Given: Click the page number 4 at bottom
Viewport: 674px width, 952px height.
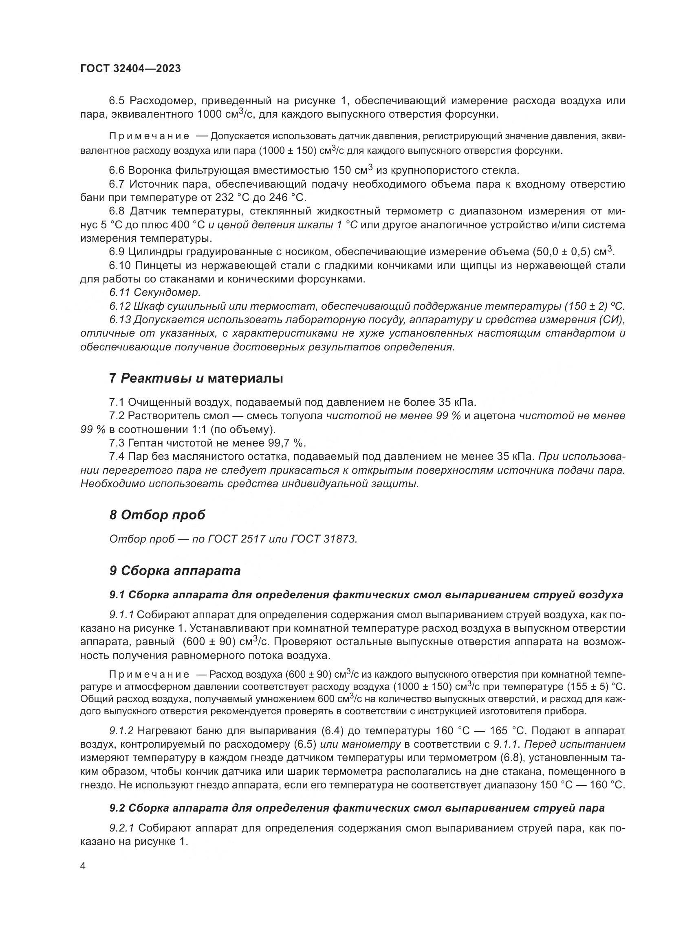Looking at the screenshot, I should coord(83,867).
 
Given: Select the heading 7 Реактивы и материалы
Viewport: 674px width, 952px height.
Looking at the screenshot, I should coord(196,378).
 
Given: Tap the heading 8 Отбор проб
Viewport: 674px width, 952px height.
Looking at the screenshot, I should coord(157,515).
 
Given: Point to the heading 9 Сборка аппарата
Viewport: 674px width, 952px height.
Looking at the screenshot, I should coord(175,571).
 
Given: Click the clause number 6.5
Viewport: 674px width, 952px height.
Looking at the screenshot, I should coord(117,101).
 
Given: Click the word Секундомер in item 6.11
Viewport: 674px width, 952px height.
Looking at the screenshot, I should coord(167,292).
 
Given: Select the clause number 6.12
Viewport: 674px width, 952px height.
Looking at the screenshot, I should coord(120,306).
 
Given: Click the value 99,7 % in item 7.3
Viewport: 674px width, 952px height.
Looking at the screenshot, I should coord(286,443).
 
